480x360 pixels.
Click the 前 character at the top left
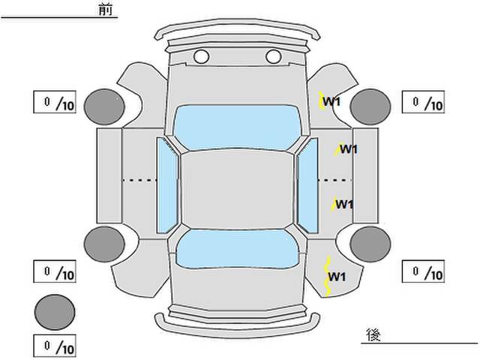(x=106, y=9)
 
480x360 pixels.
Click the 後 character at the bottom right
(x=373, y=334)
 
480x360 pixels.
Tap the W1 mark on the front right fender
(x=331, y=101)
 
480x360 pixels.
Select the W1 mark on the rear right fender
(x=337, y=277)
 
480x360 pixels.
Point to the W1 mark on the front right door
(x=349, y=149)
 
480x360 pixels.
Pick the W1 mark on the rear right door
(x=344, y=204)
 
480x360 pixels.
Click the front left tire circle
(x=104, y=106)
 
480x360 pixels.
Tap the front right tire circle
(x=370, y=106)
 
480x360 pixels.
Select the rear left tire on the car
(x=104, y=244)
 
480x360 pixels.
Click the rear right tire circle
(x=370, y=244)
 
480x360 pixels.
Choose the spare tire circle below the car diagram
(x=55, y=312)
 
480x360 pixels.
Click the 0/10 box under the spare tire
(x=55, y=346)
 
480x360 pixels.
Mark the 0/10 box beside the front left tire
(x=55, y=102)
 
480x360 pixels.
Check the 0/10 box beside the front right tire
(x=423, y=102)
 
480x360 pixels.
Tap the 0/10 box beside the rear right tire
(x=423, y=271)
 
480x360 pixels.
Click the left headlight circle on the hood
(x=202, y=57)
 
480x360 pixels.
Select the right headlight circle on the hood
(x=273, y=57)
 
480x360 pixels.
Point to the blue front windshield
(x=237, y=127)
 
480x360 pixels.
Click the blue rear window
(x=237, y=248)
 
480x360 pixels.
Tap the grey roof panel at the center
(x=237, y=190)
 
